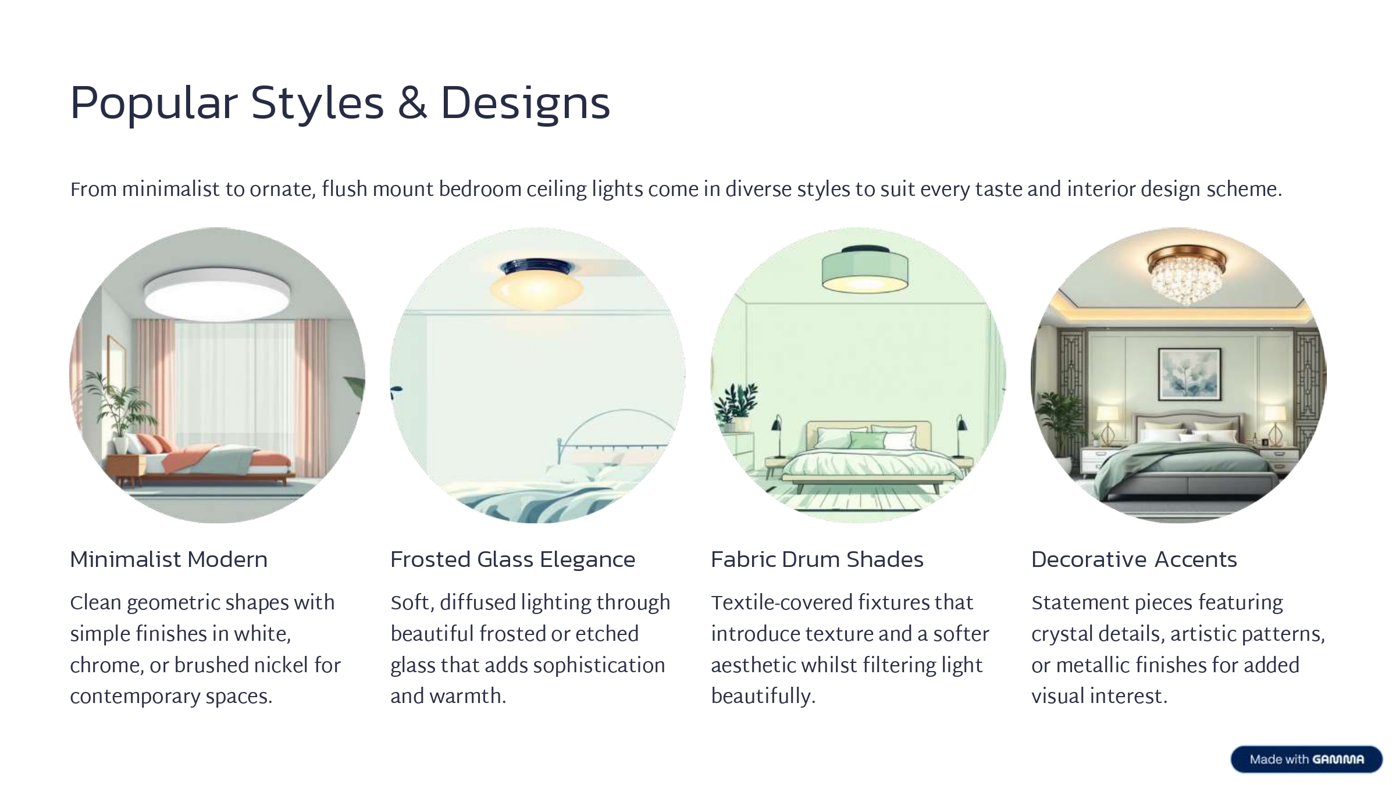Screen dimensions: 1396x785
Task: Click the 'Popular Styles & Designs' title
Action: pyautogui.click(x=340, y=105)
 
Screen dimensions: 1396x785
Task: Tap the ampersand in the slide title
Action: pyautogui.click(x=412, y=104)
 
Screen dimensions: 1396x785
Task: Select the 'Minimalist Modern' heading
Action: pyautogui.click(x=169, y=559)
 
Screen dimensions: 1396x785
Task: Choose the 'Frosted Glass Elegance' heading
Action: pyautogui.click(x=512, y=559)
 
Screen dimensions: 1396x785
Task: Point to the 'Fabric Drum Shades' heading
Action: pyautogui.click(x=817, y=559)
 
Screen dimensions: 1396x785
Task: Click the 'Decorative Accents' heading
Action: pyautogui.click(x=1134, y=559)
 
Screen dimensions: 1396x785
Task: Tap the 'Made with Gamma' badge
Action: pyautogui.click(x=1306, y=759)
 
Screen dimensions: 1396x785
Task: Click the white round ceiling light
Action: pyautogui.click(x=217, y=294)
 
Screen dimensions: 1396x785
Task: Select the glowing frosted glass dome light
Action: pyautogui.click(x=536, y=285)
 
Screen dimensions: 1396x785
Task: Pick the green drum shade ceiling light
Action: pyautogui.click(x=864, y=270)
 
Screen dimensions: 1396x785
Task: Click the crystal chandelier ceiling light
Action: pyautogui.click(x=1187, y=276)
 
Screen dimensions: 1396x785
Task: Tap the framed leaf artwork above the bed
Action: pyautogui.click(x=1189, y=374)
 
